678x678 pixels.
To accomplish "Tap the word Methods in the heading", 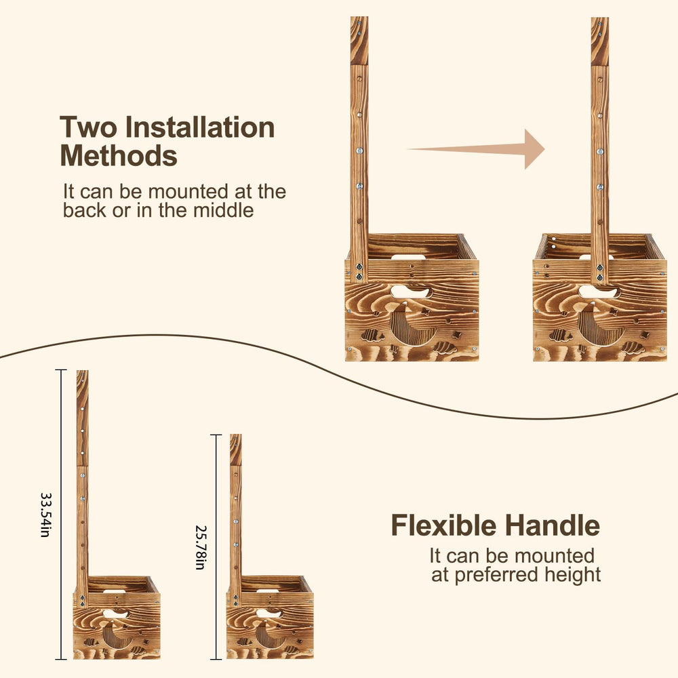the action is [119, 156].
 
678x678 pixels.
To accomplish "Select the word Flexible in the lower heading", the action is [443, 525].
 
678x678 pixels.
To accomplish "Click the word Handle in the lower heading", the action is [552, 525].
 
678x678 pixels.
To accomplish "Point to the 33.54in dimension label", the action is [45, 515].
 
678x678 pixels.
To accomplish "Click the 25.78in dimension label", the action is [200, 547].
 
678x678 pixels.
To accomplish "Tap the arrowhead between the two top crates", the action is [534, 149].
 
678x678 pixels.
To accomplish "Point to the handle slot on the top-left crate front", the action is [410, 292].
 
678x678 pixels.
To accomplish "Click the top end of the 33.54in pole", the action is [82, 371].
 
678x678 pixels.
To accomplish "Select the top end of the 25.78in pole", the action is [236, 435].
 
